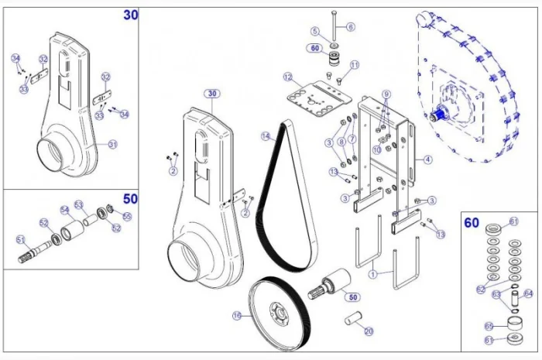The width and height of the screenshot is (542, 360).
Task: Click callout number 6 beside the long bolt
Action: [x=351, y=27]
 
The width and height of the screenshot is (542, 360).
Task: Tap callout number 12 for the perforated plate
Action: [x=287, y=77]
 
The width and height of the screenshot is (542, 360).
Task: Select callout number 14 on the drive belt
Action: [x=266, y=136]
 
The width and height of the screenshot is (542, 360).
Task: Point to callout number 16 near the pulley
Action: [x=237, y=316]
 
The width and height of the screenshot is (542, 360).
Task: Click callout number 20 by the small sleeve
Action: [x=369, y=331]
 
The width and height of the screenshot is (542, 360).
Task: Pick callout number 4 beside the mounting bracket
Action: [x=427, y=160]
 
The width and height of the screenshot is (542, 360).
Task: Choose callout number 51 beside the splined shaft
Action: [x=20, y=238]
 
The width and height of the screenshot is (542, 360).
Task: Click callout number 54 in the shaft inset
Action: [x=64, y=210]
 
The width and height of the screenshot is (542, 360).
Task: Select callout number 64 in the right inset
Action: [x=528, y=293]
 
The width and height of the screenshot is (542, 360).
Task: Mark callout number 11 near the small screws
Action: [x=355, y=65]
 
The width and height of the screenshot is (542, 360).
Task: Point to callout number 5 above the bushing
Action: [x=315, y=31]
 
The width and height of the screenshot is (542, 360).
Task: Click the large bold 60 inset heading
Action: [x=472, y=223]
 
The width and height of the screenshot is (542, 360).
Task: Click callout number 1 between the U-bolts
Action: [x=372, y=273]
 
